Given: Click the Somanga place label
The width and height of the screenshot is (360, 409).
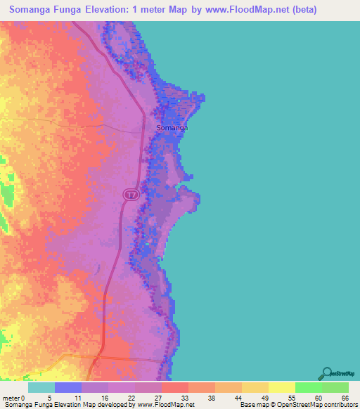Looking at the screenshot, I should (172, 129).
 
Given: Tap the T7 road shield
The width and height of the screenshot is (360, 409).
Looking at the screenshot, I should (131, 193).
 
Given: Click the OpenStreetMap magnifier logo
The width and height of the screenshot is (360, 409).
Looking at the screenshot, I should (327, 373).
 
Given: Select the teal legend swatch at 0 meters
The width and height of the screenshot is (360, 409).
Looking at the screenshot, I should (41, 387).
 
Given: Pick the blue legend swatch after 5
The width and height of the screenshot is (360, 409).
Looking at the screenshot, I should (68, 387).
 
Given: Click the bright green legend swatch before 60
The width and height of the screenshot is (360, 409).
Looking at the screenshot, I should (309, 387).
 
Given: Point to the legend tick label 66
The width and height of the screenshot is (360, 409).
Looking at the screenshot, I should (345, 397).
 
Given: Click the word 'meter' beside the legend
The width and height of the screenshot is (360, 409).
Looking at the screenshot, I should (10, 397).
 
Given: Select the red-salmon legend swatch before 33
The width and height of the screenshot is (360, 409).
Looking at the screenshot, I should (175, 387).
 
